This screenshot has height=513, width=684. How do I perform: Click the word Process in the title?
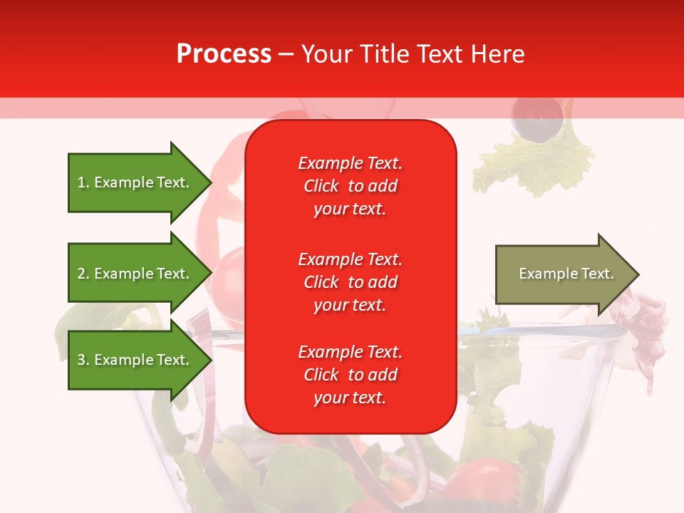point(224,54)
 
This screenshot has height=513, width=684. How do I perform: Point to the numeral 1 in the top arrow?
point(81,182)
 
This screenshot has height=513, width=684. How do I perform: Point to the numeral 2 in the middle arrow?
point(81,274)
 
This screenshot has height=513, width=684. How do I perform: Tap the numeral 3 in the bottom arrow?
point(81,360)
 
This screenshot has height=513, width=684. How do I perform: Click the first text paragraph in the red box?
point(350,186)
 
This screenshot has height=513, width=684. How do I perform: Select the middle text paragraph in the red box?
point(350,282)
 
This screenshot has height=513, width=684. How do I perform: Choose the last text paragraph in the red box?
point(350,375)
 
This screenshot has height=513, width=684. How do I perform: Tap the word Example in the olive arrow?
point(544,274)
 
